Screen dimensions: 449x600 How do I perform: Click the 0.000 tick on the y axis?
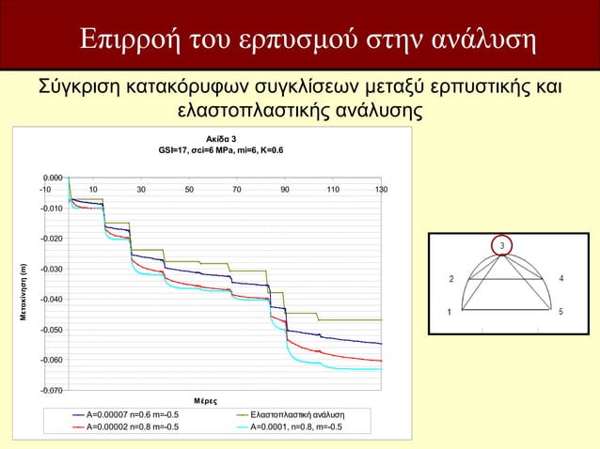tap(53, 178)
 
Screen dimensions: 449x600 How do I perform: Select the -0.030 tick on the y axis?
tap(52, 270)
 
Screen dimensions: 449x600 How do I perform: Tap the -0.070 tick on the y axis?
tap(52, 390)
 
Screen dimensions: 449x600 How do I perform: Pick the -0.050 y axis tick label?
tap(52, 330)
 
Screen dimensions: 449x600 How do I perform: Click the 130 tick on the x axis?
tap(381, 190)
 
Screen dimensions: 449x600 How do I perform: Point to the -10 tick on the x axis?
tap(44, 190)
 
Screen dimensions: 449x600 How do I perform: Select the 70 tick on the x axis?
tap(237, 190)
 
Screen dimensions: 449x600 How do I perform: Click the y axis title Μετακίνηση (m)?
tap(25, 288)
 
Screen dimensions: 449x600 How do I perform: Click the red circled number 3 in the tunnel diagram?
tap(501, 245)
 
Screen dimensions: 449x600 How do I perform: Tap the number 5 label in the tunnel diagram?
tap(561, 312)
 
